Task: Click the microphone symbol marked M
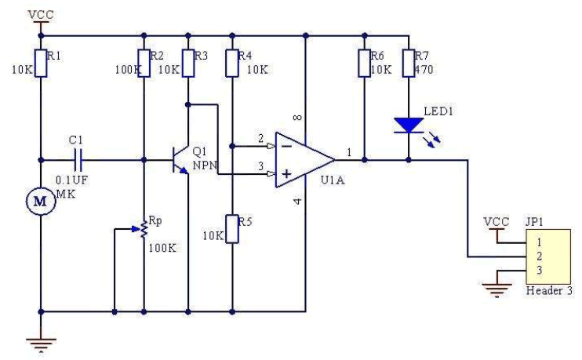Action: [x=38, y=202]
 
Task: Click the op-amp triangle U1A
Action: [x=303, y=160]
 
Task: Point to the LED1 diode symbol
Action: [x=408, y=125]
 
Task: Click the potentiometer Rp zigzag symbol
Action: [x=144, y=229]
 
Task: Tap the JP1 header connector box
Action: [x=547, y=256]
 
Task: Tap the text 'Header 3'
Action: [x=548, y=290]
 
